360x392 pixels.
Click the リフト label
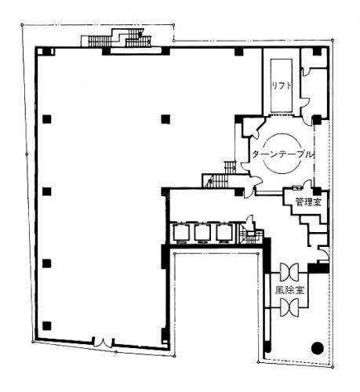[282, 85]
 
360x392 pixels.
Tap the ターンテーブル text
[282, 154]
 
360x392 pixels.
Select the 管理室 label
[308, 201]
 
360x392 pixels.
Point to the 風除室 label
[289, 290]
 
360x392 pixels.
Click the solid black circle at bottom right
[318, 348]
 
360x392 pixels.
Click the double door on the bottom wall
[104, 343]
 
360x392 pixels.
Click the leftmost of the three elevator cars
[181, 233]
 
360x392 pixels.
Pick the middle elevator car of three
[202, 233]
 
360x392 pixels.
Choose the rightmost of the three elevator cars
[224, 233]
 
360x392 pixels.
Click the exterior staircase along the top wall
[116, 38]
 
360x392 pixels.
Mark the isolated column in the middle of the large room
[165, 119]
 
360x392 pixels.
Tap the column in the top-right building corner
[317, 52]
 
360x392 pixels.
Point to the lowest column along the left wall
[47, 326]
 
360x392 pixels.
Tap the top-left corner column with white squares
[45, 51]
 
